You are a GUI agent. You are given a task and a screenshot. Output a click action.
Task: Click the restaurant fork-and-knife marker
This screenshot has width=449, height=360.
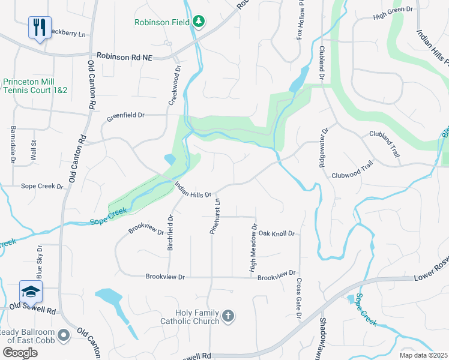coord(40,28)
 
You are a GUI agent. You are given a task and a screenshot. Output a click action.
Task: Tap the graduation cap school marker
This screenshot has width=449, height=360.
coord(30,292)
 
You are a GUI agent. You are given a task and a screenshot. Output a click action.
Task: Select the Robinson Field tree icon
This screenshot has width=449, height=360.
coord(199,22)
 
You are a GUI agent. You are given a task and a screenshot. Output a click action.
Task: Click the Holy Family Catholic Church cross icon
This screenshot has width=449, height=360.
coord(228,316)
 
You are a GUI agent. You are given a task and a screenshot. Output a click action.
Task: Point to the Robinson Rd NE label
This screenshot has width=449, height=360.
coord(123,57)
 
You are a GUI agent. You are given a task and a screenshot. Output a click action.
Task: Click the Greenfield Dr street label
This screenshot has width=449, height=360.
coord(126,115)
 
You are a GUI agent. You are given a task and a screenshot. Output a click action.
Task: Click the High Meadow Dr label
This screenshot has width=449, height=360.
coord(253,251)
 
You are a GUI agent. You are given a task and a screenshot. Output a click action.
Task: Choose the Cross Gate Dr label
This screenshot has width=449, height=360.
coord(298,298)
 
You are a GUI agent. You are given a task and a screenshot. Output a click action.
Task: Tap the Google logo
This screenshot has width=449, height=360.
coord(20,352)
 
